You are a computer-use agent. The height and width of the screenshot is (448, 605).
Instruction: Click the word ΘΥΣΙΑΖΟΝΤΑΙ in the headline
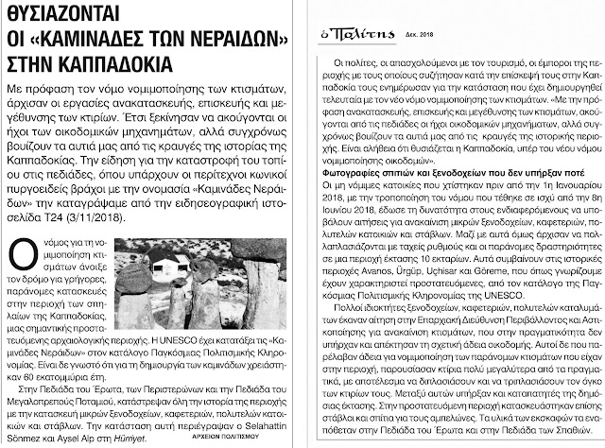77,16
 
